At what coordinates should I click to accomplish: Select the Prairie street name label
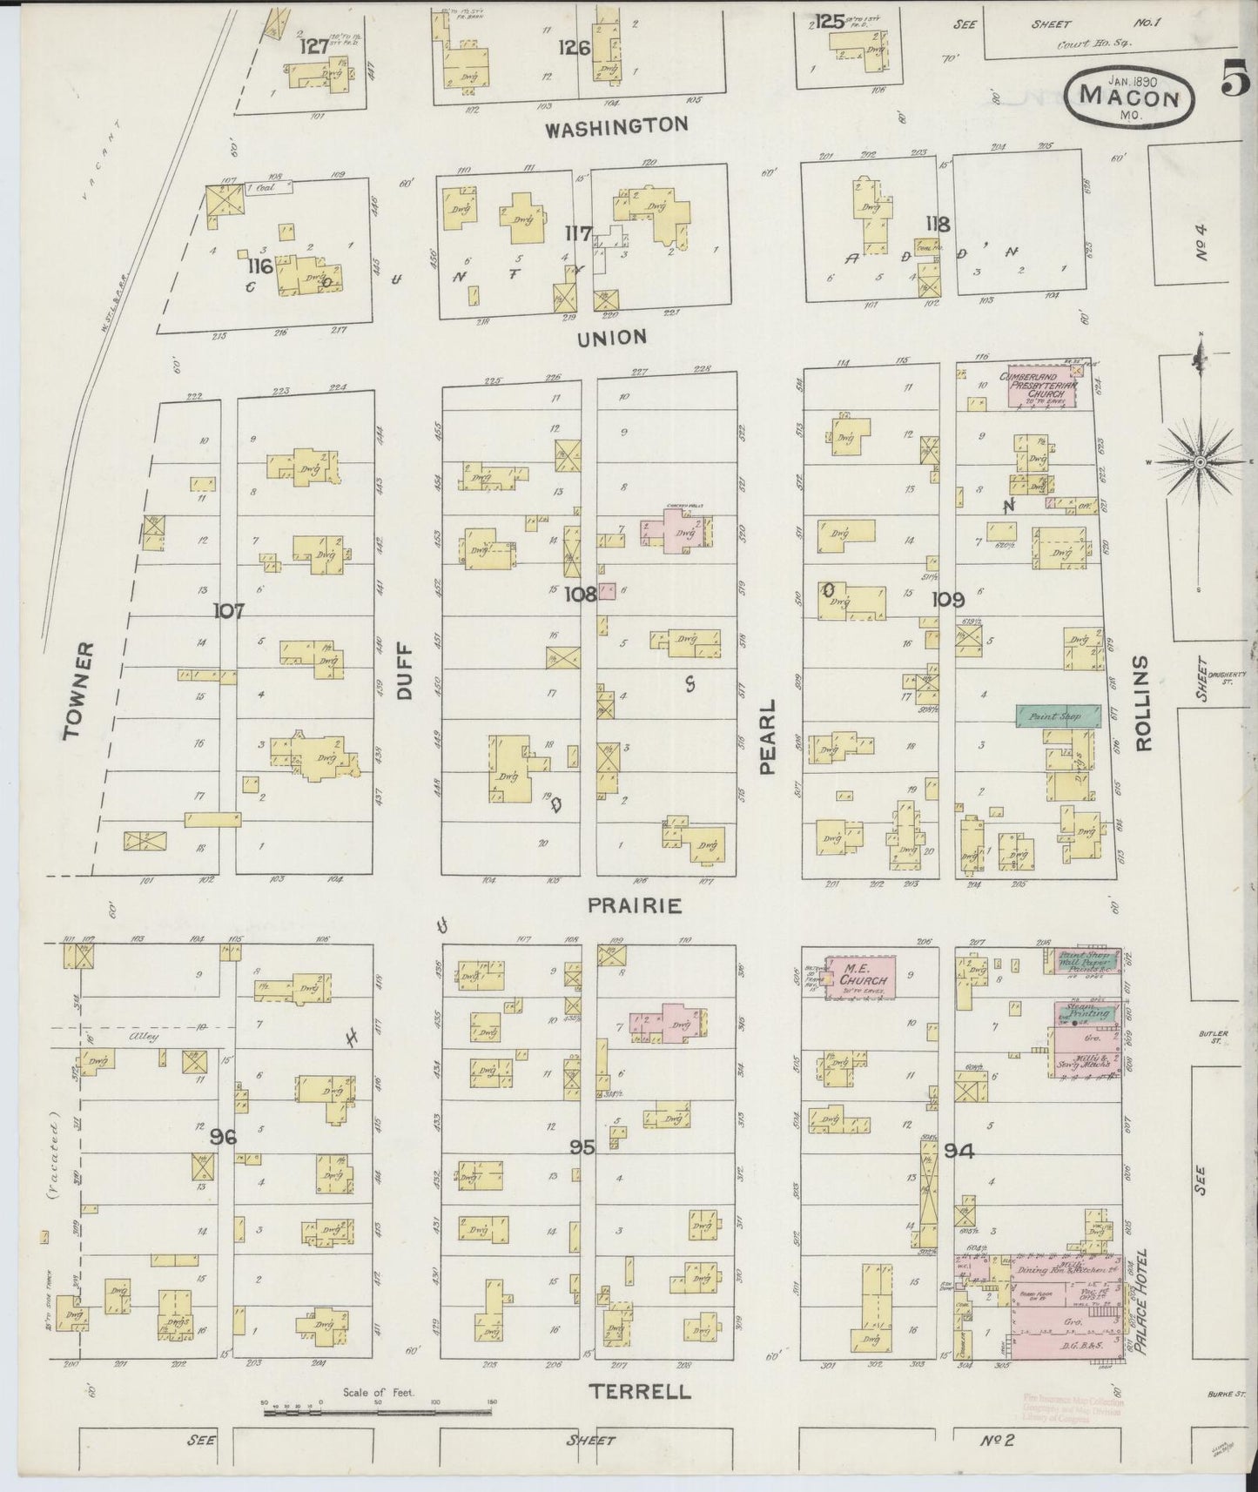tap(634, 906)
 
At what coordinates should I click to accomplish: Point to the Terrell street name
tap(640, 1392)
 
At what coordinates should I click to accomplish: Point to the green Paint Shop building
tap(1056, 716)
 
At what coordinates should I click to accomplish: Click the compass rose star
tap(1200, 461)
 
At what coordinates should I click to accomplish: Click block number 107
tap(229, 611)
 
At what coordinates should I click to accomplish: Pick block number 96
tap(224, 1136)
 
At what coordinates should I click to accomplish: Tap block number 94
tap(958, 1151)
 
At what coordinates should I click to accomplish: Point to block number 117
tap(578, 234)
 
